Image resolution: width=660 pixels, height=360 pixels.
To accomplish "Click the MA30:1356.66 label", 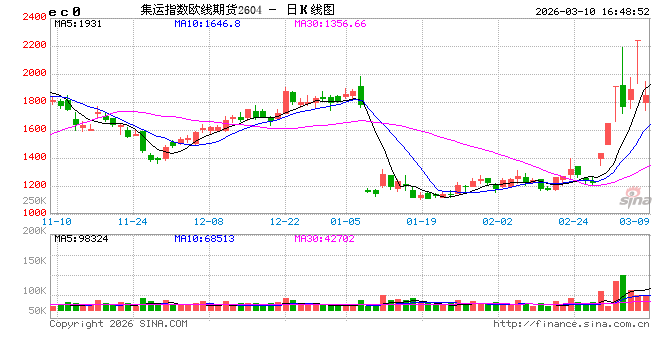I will (329, 22).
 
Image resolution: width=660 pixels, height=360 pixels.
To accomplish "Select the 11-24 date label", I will (133, 220).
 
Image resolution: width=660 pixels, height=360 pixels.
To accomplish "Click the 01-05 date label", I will (345, 220).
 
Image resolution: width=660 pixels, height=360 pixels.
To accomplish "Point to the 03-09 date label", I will (637, 220).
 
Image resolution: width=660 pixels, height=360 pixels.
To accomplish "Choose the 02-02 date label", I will (497, 220).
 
